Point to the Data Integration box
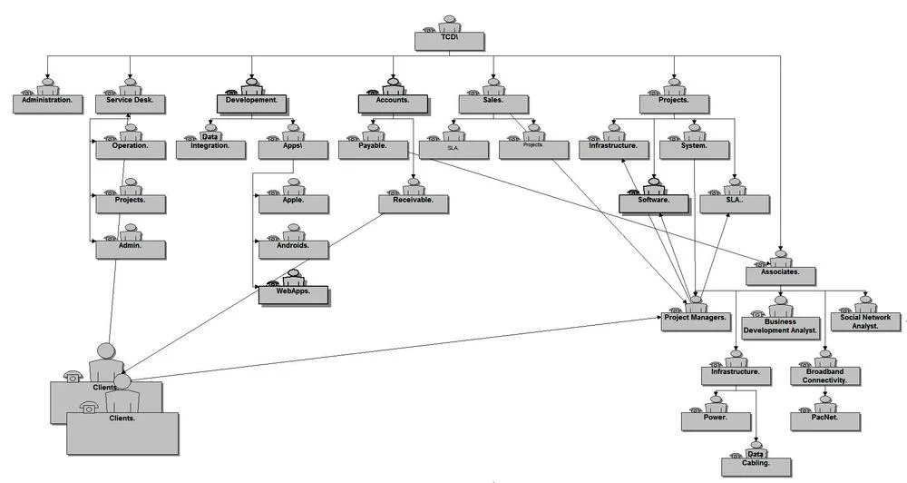(210, 147)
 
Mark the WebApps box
(293, 294)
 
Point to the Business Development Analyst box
(780, 327)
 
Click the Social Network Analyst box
(865, 323)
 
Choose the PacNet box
(825, 421)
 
